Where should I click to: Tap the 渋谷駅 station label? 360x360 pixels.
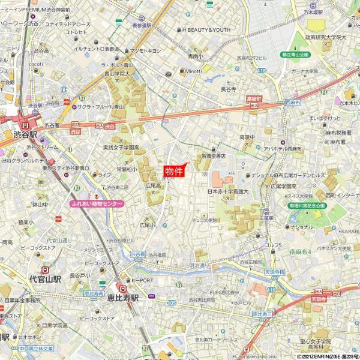tap(25, 135)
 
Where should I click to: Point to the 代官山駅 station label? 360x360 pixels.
tap(37, 279)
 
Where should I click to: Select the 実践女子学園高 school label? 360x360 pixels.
tap(121, 147)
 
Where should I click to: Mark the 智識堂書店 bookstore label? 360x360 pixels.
tap(214, 155)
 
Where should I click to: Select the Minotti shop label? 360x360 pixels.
tap(193, 70)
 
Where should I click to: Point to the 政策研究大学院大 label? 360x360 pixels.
tap(326, 37)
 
